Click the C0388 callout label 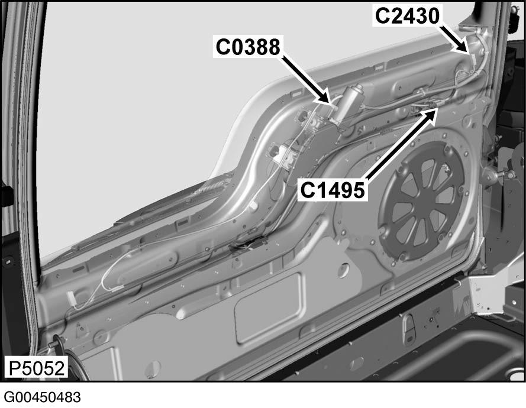coord(247,47)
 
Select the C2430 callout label coord(407,16)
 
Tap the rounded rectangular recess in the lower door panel coord(269,307)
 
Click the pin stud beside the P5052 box coord(58,341)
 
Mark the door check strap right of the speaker coord(496,174)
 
